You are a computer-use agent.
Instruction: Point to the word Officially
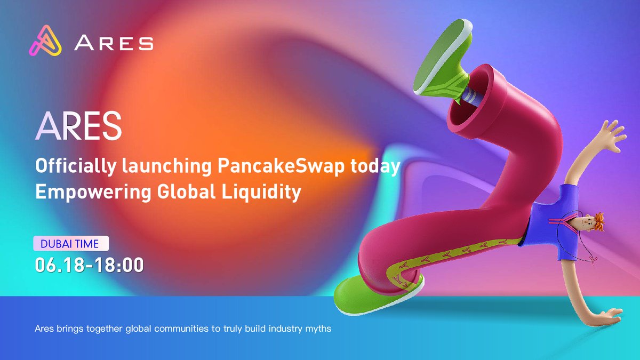coord(68,166)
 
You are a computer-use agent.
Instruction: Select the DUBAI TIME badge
coord(71,244)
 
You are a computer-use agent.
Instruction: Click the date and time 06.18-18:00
coord(90,265)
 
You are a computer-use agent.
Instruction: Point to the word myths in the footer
coord(319,329)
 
